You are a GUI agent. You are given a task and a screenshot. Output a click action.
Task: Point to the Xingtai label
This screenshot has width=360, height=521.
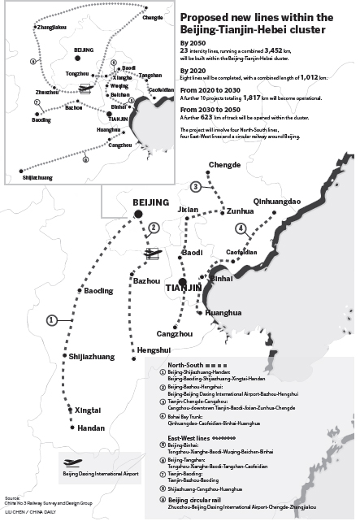click(x=90, y=410)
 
